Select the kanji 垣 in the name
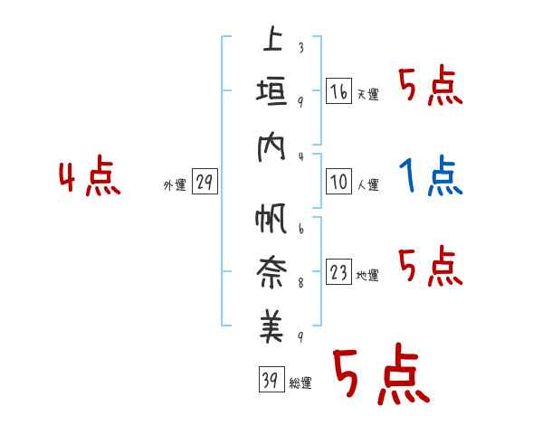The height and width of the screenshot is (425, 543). (x=271, y=94)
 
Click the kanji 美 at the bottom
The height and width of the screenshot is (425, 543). (x=271, y=328)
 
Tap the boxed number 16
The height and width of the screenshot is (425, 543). (x=338, y=92)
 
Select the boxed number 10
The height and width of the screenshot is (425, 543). (x=338, y=182)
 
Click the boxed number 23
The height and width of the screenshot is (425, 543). (x=338, y=273)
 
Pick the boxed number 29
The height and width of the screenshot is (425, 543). (x=205, y=183)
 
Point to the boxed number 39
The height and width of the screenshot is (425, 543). (x=271, y=380)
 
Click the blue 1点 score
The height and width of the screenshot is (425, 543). (x=431, y=175)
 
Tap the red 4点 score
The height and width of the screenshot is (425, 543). (x=89, y=177)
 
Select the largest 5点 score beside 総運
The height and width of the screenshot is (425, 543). (x=379, y=376)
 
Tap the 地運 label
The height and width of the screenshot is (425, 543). (x=367, y=276)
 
